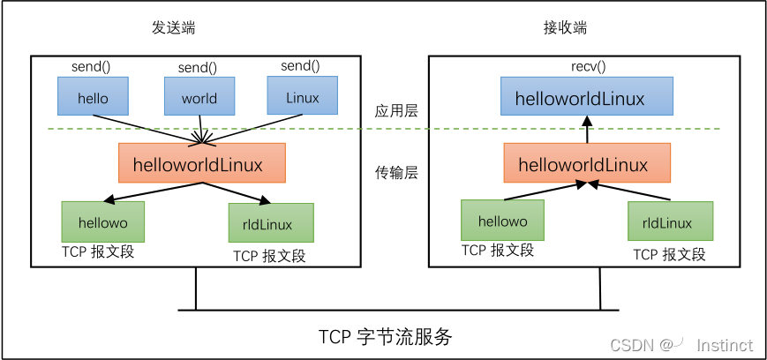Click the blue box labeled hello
[x=93, y=96]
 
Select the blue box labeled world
[x=199, y=96]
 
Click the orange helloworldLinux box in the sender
[x=202, y=163]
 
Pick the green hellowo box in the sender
[x=102, y=221]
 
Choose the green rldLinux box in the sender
[x=271, y=223]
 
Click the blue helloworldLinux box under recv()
[x=586, y=97]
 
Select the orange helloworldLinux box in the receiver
[x=587, y=164]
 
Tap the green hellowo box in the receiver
[x=502, y=221]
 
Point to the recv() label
[x=586, y=66]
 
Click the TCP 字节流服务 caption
[x=385, y=337]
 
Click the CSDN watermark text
[x=631, y=344]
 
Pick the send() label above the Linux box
[x=300, y=66]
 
